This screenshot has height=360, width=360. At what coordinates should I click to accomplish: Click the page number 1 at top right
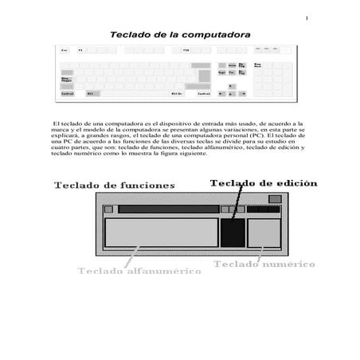(x=306, y=18)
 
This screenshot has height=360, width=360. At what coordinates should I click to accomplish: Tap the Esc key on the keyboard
(x=65, y=50)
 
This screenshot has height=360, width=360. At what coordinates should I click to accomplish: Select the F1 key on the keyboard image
(x=80, y=50)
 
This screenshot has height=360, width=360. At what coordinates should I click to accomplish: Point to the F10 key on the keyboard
(x=186, y=50)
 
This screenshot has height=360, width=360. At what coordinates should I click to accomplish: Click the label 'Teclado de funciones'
(x=115, y=185)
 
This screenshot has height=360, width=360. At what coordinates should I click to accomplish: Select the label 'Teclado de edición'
(x=264, y=183)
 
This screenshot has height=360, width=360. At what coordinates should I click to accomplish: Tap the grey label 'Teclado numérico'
(x=264, y=263)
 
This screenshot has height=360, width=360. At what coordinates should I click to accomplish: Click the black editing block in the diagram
(x=232, y=232)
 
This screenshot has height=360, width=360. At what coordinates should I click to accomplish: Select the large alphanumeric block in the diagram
(x=162, y=232)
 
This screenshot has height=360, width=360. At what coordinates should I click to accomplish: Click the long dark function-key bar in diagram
(x=166, y=209)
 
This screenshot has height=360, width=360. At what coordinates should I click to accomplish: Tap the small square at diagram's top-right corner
(x=275, y=198)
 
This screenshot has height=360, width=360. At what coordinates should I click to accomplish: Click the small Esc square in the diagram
(x=108, y=209)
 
